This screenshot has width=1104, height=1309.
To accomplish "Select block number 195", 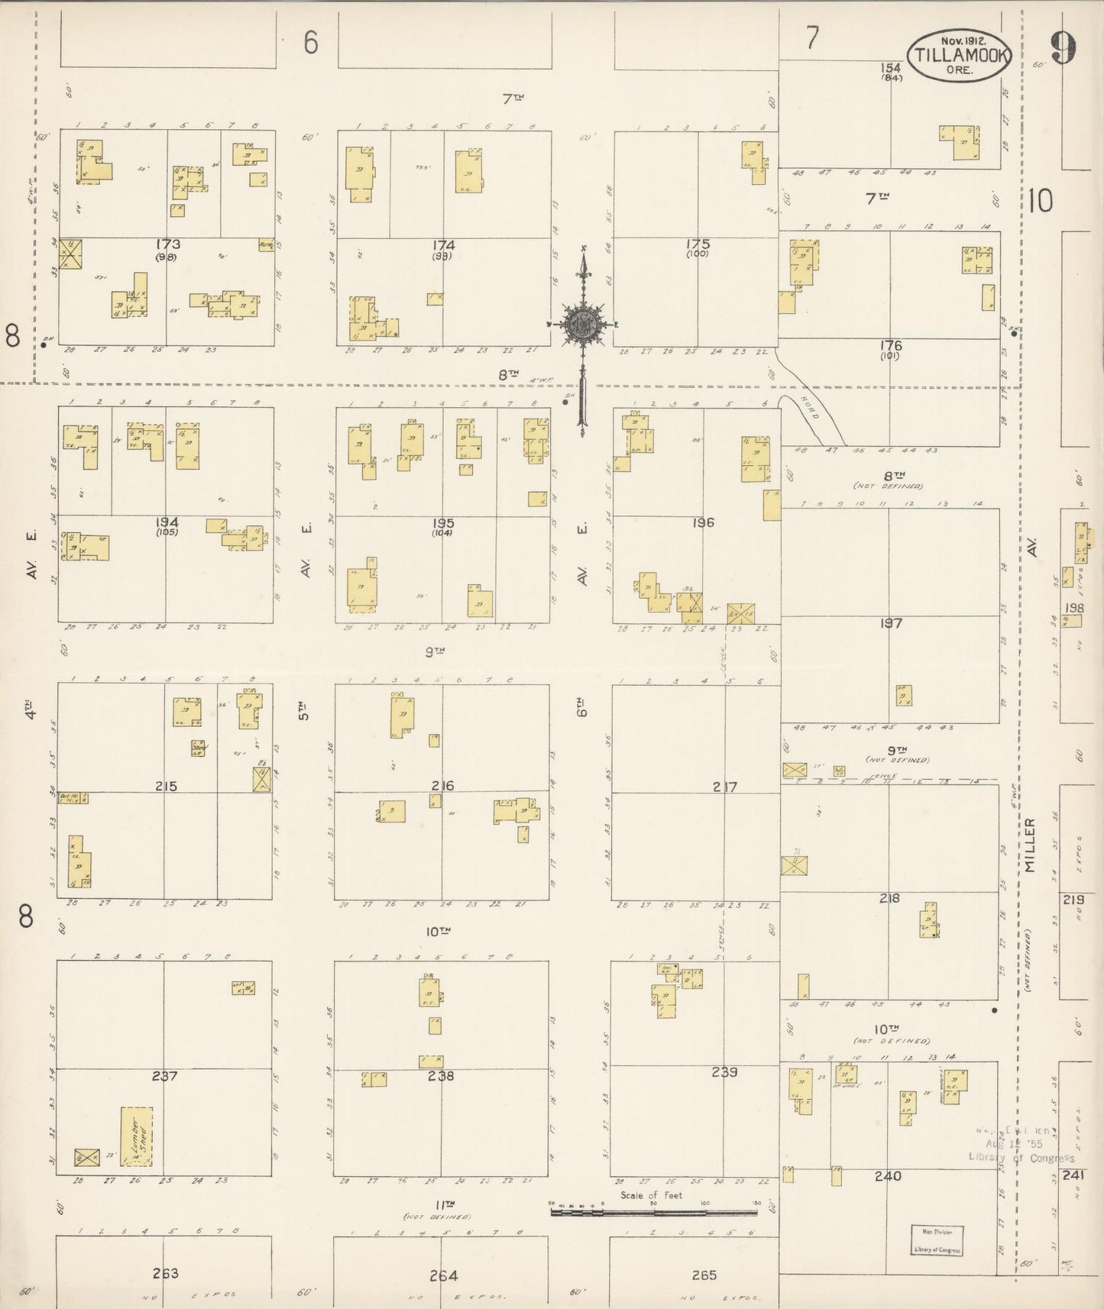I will click(x=443, y=523).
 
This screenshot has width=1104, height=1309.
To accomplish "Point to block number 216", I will click(x=442, y=785).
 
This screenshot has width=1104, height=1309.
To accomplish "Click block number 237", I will click(x=164, y=1077).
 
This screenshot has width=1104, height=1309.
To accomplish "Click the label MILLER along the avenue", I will click(x=1030, y=846).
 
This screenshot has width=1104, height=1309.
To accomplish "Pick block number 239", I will click(x=724, y=1072).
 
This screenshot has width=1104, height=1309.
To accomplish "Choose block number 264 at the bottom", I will click(x=443, y=1275).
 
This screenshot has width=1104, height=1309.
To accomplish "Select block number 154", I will click(x=891, y=68).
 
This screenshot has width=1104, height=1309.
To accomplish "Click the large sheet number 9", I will click(x=1062, y=50).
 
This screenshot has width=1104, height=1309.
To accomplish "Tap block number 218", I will click(x=889, y=898).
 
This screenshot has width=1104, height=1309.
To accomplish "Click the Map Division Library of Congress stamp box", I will click(x=936, y=1241).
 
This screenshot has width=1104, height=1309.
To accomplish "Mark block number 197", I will click(x=890, y=623).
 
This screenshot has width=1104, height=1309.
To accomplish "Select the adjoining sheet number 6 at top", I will click(x=309, y=44).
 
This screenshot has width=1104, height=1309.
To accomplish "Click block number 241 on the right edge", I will click(x=1073, y=1175).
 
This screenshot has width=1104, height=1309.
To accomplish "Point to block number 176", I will click(x=890, y=346).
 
